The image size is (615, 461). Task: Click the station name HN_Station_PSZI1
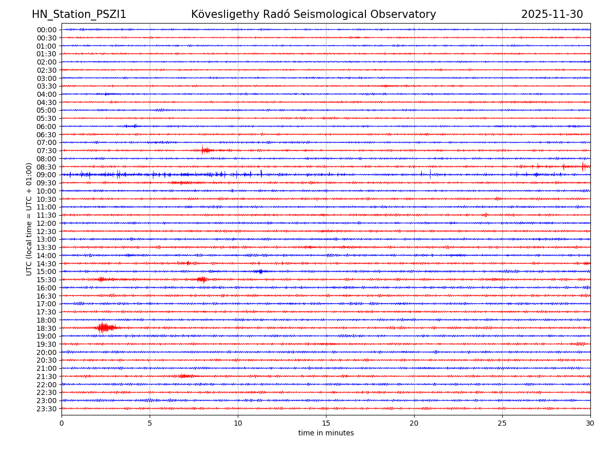coord(79,14)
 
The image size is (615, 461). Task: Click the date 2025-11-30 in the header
coord(552,14)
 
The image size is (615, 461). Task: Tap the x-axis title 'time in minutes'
coord(326,433)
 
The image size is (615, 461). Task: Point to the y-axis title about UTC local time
coord(29,219)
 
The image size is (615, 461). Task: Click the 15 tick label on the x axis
coord(326,423)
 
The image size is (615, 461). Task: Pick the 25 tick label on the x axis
coord(502,423)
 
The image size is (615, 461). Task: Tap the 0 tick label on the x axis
coord(61,423)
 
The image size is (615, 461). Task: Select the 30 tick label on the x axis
coord(590,423)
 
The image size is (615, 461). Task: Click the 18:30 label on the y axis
coord(47,328)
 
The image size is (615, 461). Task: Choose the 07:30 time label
coord(47,151)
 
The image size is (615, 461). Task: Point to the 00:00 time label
coord(47,30)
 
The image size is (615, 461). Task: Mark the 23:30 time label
coord(47,409)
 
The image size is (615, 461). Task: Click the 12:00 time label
coord(47,223)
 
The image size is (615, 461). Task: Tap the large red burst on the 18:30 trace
coord(104,327)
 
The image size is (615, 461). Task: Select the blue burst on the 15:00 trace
coord(260,271)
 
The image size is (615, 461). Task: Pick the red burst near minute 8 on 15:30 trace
coord(202,279)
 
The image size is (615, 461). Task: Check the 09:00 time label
coord(47,175)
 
